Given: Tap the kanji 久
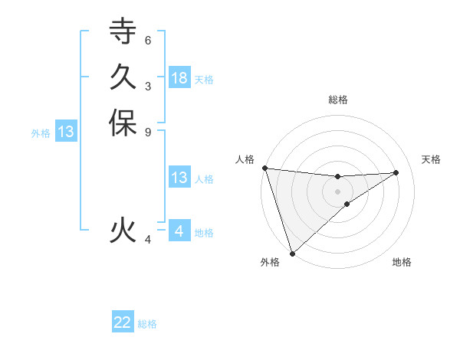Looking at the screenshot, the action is click(123, 77).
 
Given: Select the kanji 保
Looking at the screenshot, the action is click(123, 123).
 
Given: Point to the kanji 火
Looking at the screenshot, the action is click(123, 230).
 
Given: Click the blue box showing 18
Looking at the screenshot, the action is click(179, 77).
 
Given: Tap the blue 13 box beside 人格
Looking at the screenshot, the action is click(179, 178).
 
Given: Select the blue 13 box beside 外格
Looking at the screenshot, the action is click(66, 132).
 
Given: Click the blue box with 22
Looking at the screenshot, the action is click(123, 322).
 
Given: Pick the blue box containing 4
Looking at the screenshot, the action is click(179, 231).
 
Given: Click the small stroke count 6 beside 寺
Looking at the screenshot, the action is click(147, 40).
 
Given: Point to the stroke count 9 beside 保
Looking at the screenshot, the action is click(147, 132).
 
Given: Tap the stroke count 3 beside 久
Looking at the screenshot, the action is click(147, 86).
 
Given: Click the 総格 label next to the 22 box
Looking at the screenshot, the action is click(147, 324).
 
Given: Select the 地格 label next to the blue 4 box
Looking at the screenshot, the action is click(204, 233).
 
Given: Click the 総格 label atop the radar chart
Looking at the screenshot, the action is click(337, 100).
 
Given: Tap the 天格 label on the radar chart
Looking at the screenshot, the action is click(432, 159).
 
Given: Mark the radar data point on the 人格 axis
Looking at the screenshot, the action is click(264, 168).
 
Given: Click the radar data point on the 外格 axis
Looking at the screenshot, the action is click(292, 253).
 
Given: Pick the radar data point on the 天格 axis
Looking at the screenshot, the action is click(396, 172).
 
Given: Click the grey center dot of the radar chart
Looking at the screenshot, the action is click(337, 191).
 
